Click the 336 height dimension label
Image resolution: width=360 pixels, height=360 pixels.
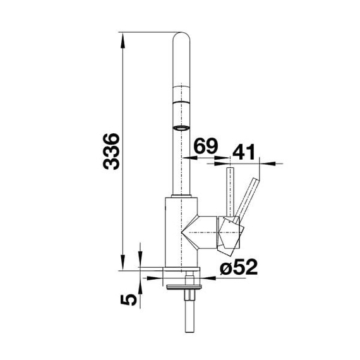[111, 152]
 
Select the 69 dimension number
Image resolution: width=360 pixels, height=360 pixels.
[205, 146]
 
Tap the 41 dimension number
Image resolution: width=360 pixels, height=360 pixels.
[244, 152]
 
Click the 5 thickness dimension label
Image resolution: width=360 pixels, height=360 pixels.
[129, 300]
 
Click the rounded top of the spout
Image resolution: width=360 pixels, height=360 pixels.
[181, 36]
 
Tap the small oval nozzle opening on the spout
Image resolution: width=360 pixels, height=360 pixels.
[181, 128]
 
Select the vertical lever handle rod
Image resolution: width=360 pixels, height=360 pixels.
[230, 192]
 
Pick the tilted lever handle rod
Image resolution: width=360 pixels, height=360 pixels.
[246, 200]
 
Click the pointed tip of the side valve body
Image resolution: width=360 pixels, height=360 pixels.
[182, 233]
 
